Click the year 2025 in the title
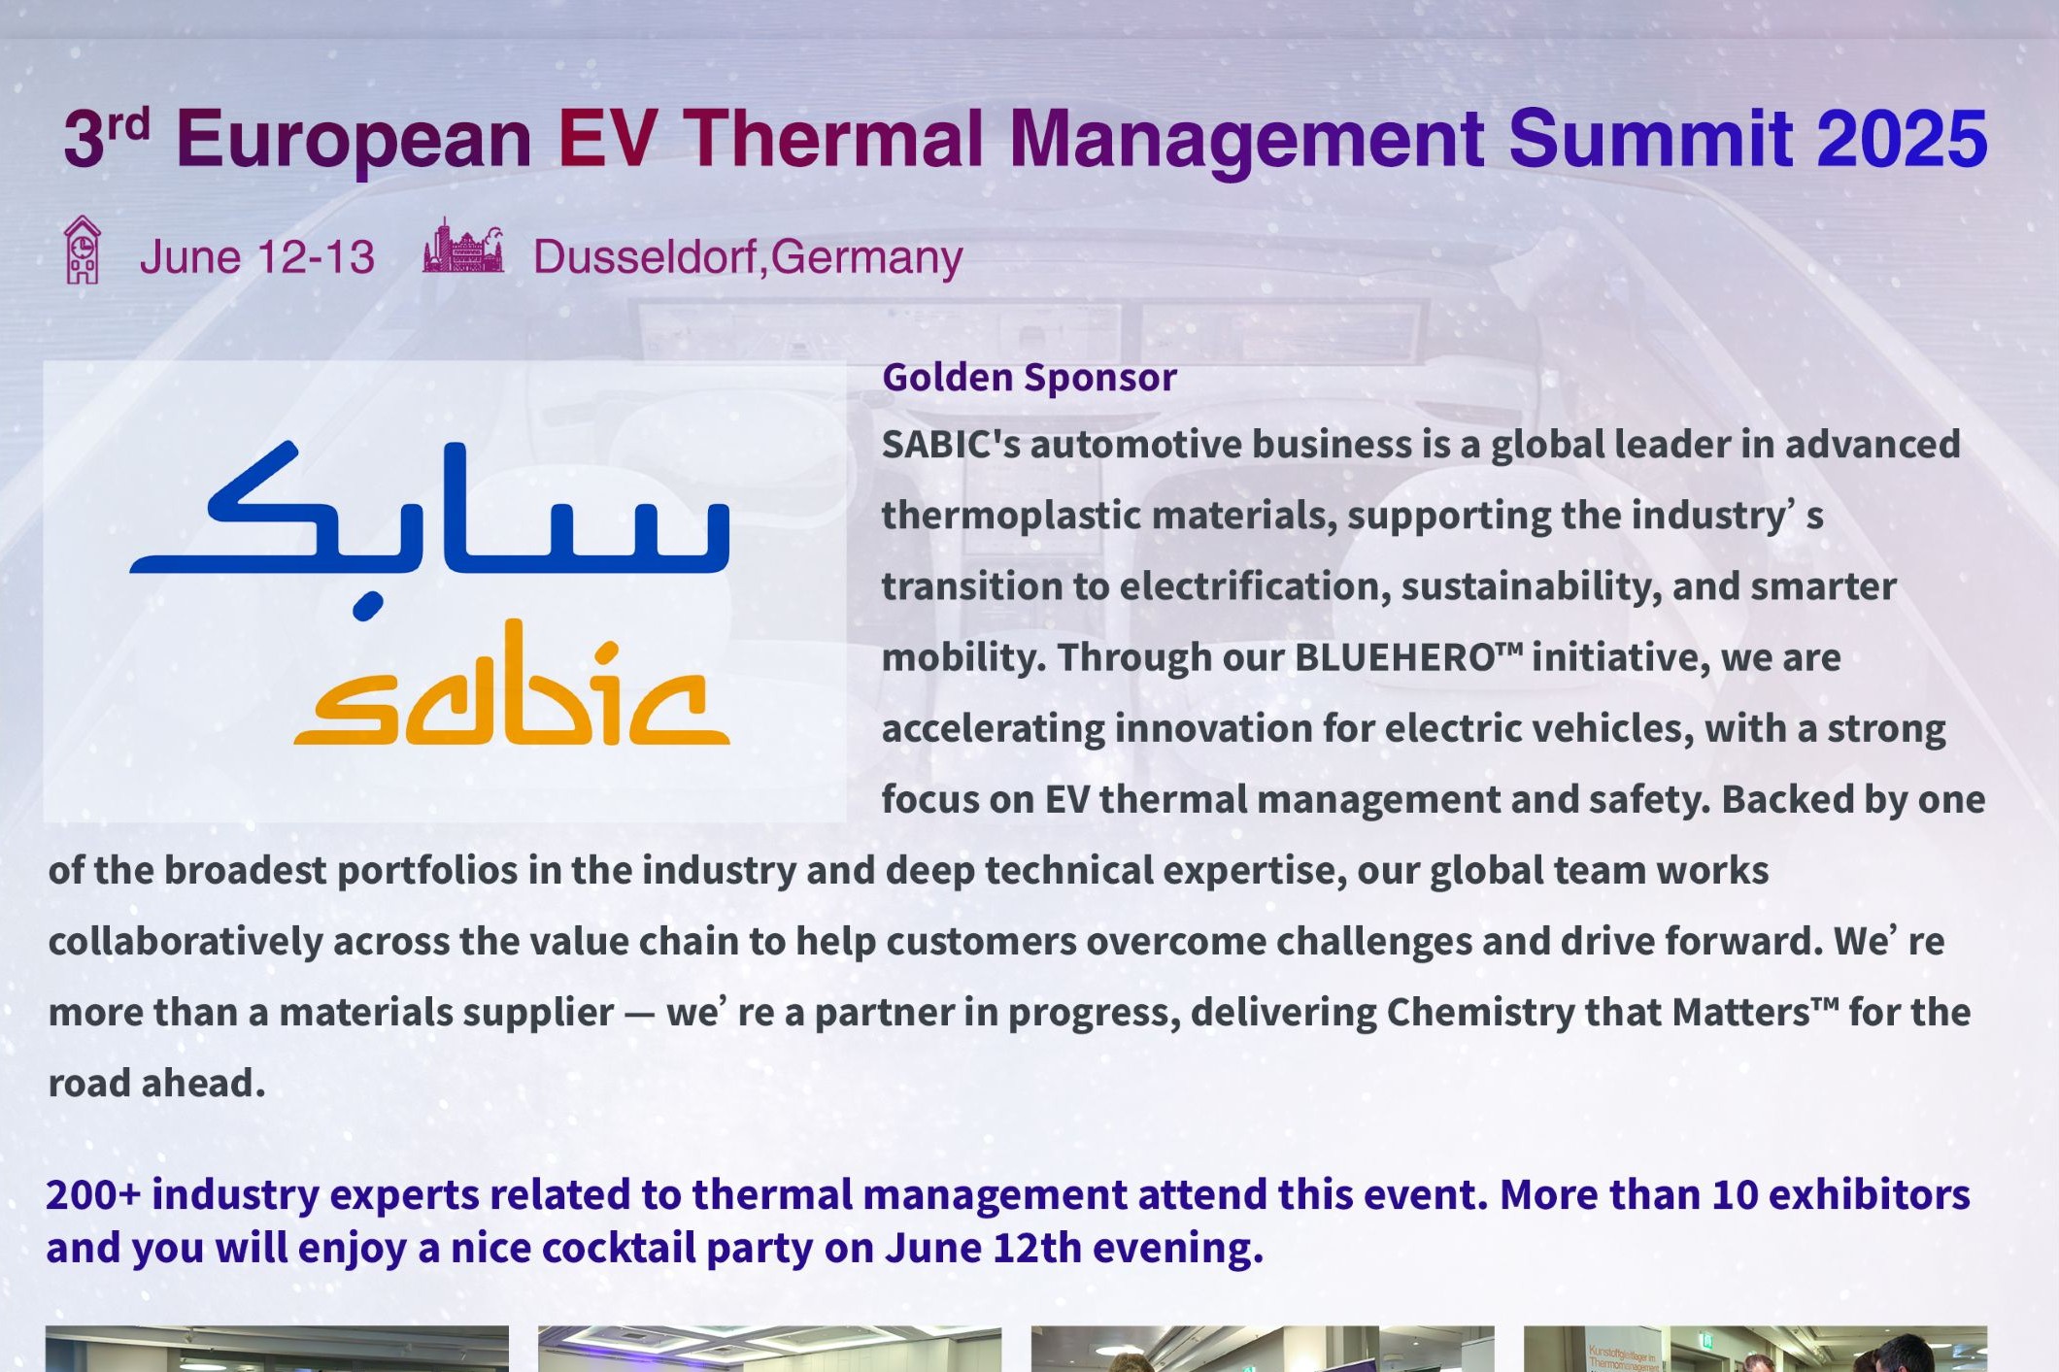click(x=1903, y=139)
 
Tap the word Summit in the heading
click(x=1649, y=139)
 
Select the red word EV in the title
click(x=608, y=139)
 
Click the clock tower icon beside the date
click(x=83, y=251)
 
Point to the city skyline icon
click(x=463, y=246)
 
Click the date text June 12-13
click(x=257, y=257)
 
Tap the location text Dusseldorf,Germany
click(x=748, y=257)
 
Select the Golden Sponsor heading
click(x=1029, y=378)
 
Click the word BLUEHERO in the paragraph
click(x=1396, y=657)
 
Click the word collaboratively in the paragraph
click(x=186, y=942)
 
